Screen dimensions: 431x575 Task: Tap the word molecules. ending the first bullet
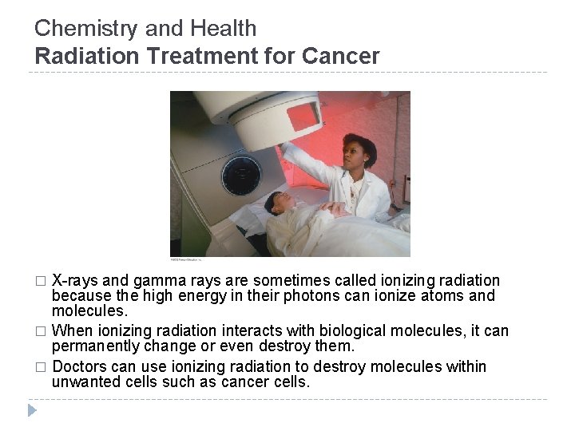coord(86,310)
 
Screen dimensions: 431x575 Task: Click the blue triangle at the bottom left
coord(33,411)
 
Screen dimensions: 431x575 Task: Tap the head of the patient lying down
coord(279,200)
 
